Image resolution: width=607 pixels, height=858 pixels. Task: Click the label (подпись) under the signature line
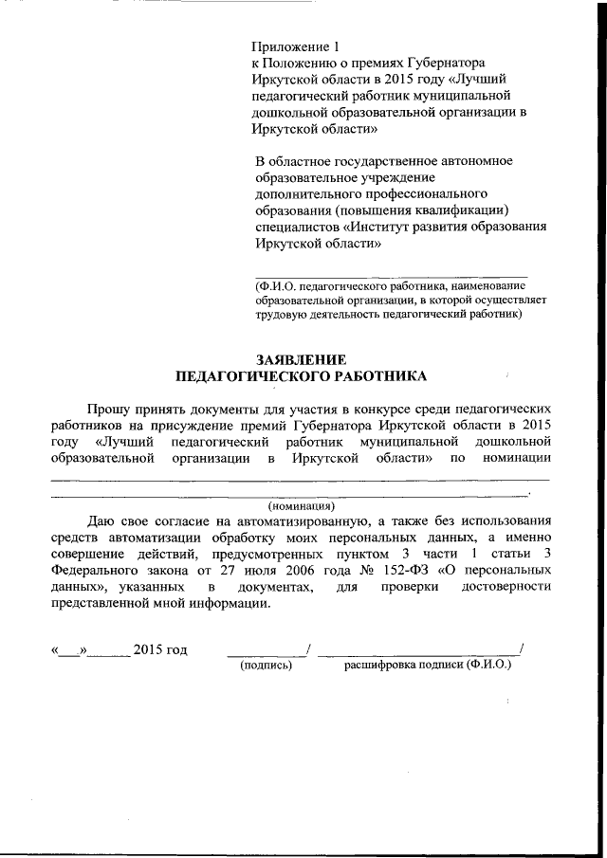click(267, 666)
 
